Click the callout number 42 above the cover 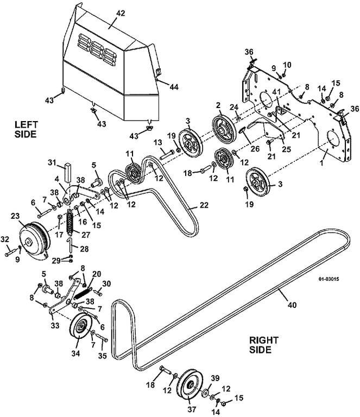point(121,13)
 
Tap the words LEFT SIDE point(26,129)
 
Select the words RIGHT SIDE point(263,345)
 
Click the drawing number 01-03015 point(329,279)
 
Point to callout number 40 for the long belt point(292,305)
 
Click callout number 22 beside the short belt point(204,205)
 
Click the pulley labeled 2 point(224,130)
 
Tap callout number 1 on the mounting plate point(321,162)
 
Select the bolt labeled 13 point(167,155)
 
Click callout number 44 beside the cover point(174,87)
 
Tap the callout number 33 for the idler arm point(55,325)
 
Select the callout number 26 point(255,148)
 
